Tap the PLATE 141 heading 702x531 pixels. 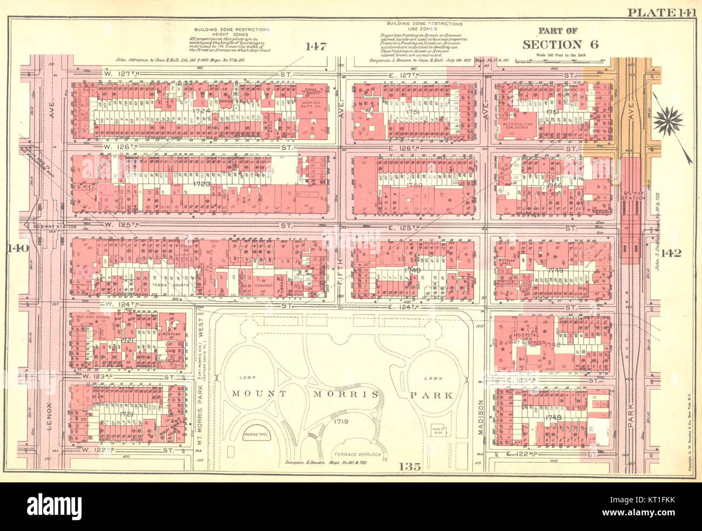pos(660,12)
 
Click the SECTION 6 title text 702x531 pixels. pos(560,45)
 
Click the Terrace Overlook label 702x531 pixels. pos(357,455)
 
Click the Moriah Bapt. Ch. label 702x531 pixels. pos(312,104)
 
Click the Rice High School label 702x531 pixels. pos(92,317)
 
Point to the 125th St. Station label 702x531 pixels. pos(633,196)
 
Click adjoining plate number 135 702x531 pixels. pos(410,466)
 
